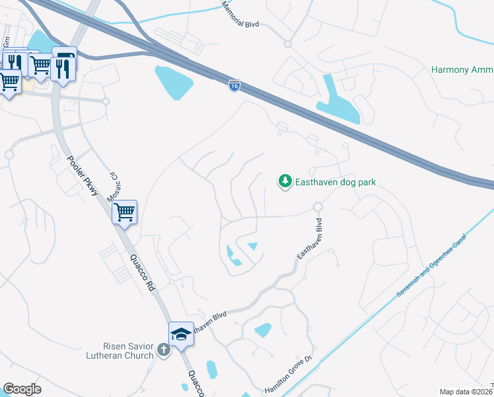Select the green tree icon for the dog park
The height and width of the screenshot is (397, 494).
pyautogui.click(x=285, y=181)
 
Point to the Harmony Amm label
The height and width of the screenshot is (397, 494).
pyautogui.click(x=462, y=69)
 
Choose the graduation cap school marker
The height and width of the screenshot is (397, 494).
pyautogui.click(x=181, y=334)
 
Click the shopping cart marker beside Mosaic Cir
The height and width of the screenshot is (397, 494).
pyautogui.click(x=124, y=213)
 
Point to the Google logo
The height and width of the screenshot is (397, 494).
pyautogui.click(x=22, y=389)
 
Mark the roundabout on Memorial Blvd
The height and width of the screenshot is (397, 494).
pyautogui.click(x=287, y=44)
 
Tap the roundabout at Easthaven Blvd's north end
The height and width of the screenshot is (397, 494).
pyautogui.click(x=318, y=206)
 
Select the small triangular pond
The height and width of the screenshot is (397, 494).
pyautogui.click(x=252, y=247)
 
